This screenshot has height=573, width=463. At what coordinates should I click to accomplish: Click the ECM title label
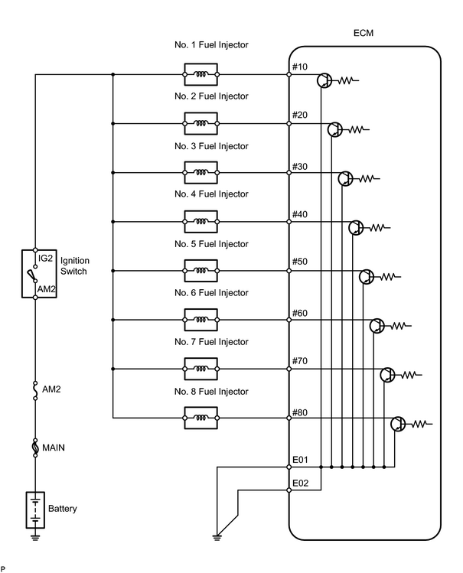[364, 33]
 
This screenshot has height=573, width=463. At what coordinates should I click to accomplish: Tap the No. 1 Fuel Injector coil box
[201, 74]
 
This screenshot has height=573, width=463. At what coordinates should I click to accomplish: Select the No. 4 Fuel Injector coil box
[201, 221]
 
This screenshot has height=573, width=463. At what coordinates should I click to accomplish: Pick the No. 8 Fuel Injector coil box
[201, 418]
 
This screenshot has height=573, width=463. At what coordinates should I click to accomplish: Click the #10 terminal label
[300, 67]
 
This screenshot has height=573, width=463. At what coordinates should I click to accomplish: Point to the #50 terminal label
[300, 262]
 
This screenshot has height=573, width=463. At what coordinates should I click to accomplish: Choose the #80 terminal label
[300, 412]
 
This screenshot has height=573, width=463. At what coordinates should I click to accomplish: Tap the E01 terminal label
[300, 460]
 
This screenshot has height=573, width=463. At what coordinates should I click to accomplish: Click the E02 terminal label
[300, 483]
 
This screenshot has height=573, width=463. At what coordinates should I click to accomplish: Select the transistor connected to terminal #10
[324, 80]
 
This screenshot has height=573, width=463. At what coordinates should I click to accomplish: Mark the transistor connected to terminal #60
[377, 326]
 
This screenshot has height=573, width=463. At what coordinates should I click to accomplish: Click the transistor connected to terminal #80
[398, 424]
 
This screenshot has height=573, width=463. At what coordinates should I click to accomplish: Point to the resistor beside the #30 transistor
[369, 179]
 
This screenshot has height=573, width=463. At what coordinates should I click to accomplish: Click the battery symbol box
[35, 510]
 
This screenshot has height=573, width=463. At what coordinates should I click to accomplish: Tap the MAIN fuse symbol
[35, 448]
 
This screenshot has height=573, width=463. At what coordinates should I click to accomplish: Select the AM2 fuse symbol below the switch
[35, 390]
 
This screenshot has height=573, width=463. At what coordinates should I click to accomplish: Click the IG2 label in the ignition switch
[45, 258]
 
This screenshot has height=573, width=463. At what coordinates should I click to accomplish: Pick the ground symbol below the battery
[35, 538]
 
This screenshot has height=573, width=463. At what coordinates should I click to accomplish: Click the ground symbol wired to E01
[217, 538]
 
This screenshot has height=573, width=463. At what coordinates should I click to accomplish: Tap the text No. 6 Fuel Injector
[211, 293]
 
